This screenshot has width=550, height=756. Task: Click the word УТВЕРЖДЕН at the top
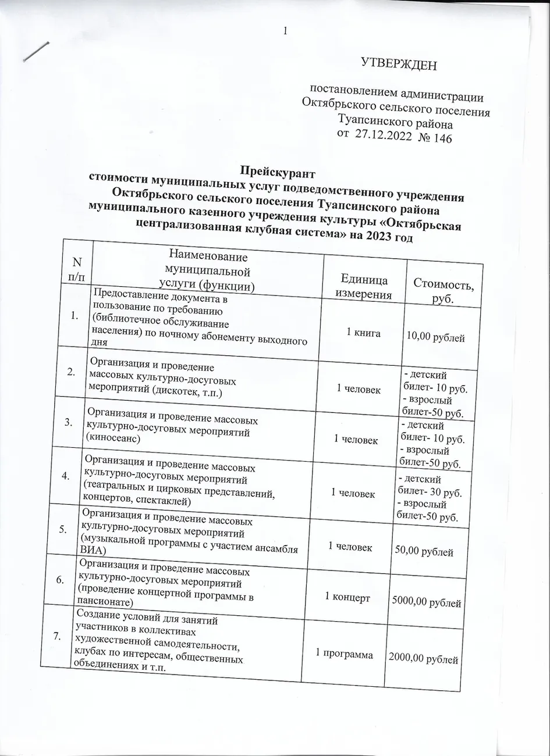click(x=399, y=63)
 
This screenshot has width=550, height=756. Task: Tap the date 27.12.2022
click(x=384, y=137)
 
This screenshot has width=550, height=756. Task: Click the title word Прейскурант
click(x=278, y=172)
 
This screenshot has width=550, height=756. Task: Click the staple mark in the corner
click(x=36, y=52)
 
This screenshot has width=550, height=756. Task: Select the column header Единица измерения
click(x=364, y=287)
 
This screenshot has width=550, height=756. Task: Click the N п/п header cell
click(x=75, y=270)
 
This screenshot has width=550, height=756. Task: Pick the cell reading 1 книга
click(x=363, y=333)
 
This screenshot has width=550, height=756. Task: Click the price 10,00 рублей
click(x=436, y=337)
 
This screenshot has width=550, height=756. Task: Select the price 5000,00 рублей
click(x=427, y=603)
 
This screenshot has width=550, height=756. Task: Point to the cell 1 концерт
click(x=347, y=597)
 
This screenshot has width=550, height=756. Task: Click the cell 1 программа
click(x=344, y=654)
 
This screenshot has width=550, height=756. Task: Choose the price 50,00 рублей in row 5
click(x=424, y=552)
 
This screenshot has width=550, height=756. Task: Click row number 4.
click(x=66, y=475)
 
